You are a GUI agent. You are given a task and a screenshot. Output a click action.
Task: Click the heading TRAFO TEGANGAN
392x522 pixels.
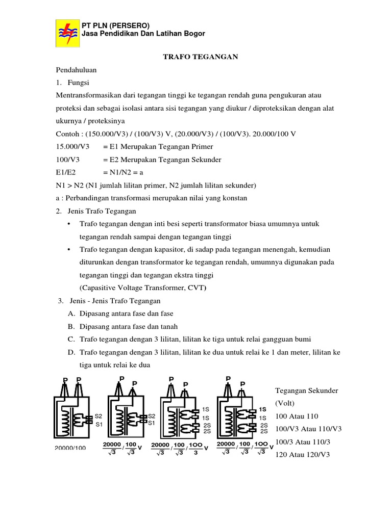pyautogui.click(x=201, y=57)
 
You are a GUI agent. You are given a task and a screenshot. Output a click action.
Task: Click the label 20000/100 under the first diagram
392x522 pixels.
pyautogui.click(x=70, y=448)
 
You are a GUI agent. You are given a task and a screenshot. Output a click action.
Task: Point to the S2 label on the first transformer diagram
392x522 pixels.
pyautogui.click(x=99, y=416)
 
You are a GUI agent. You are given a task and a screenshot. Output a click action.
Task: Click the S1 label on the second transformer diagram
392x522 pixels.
pyautogui.click(x=152, y=423)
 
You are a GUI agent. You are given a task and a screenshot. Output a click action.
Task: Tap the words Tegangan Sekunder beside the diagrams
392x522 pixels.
pyautogui.click(x=307, y=390)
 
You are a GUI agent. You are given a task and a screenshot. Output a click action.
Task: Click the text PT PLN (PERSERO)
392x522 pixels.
pyautogui.click(x=116, y=25)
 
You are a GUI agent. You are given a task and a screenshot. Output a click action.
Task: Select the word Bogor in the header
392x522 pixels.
pyautogui.click(x=193, y=34)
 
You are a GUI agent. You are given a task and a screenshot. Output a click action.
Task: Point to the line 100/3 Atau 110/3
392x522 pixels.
pyautogui.click(x=303, y=441)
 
